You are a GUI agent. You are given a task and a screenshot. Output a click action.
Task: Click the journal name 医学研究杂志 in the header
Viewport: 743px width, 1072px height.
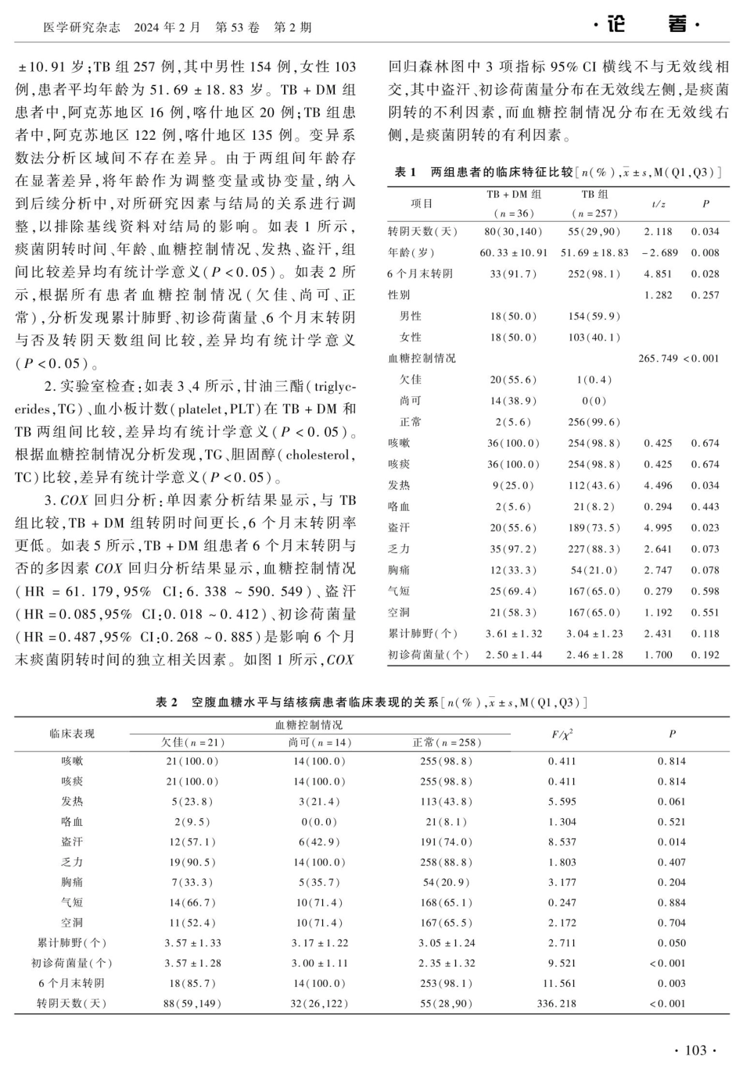point(81,27)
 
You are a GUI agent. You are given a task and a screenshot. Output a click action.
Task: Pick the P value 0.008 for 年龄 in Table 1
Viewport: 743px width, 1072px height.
point(705,252)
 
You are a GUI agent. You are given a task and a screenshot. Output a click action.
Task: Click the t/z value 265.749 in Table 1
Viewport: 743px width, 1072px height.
point(657,358)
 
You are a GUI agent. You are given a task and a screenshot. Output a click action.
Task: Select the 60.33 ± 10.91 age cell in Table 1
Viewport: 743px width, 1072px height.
point(513,252)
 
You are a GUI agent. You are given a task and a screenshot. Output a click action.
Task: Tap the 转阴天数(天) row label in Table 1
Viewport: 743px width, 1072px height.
point(422,231)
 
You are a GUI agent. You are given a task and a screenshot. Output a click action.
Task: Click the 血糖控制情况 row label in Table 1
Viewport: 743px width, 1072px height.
point(422,358)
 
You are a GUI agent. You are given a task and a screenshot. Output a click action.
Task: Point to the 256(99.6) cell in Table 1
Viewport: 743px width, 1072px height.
point(594,422)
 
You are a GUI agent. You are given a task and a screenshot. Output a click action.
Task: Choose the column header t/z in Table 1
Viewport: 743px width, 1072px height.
point(658,203)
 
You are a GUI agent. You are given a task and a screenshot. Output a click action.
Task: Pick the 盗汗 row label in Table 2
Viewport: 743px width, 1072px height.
point(72,842)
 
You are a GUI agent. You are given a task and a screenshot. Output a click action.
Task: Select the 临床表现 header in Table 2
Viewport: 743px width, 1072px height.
point(72,734)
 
